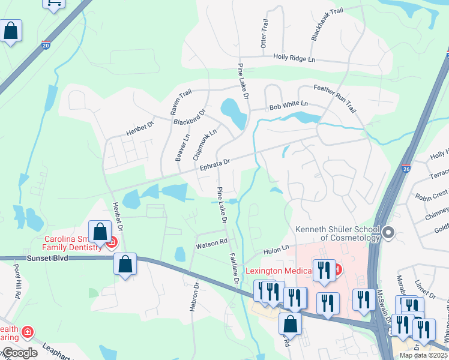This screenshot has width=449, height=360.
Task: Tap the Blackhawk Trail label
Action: tap(319, 25)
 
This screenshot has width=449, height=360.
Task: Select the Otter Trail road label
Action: tap(265, 32)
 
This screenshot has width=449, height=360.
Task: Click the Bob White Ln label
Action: tap(288, 104)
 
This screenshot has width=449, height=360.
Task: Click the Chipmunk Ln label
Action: tap(205, 143)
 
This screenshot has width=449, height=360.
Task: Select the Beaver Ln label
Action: tap(182, 147)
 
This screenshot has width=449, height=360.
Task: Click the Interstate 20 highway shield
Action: tap(47, 45)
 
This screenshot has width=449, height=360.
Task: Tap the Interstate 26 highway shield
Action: tap(406, 169)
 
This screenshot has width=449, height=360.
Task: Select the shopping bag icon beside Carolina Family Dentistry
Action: tap(99, 232)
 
